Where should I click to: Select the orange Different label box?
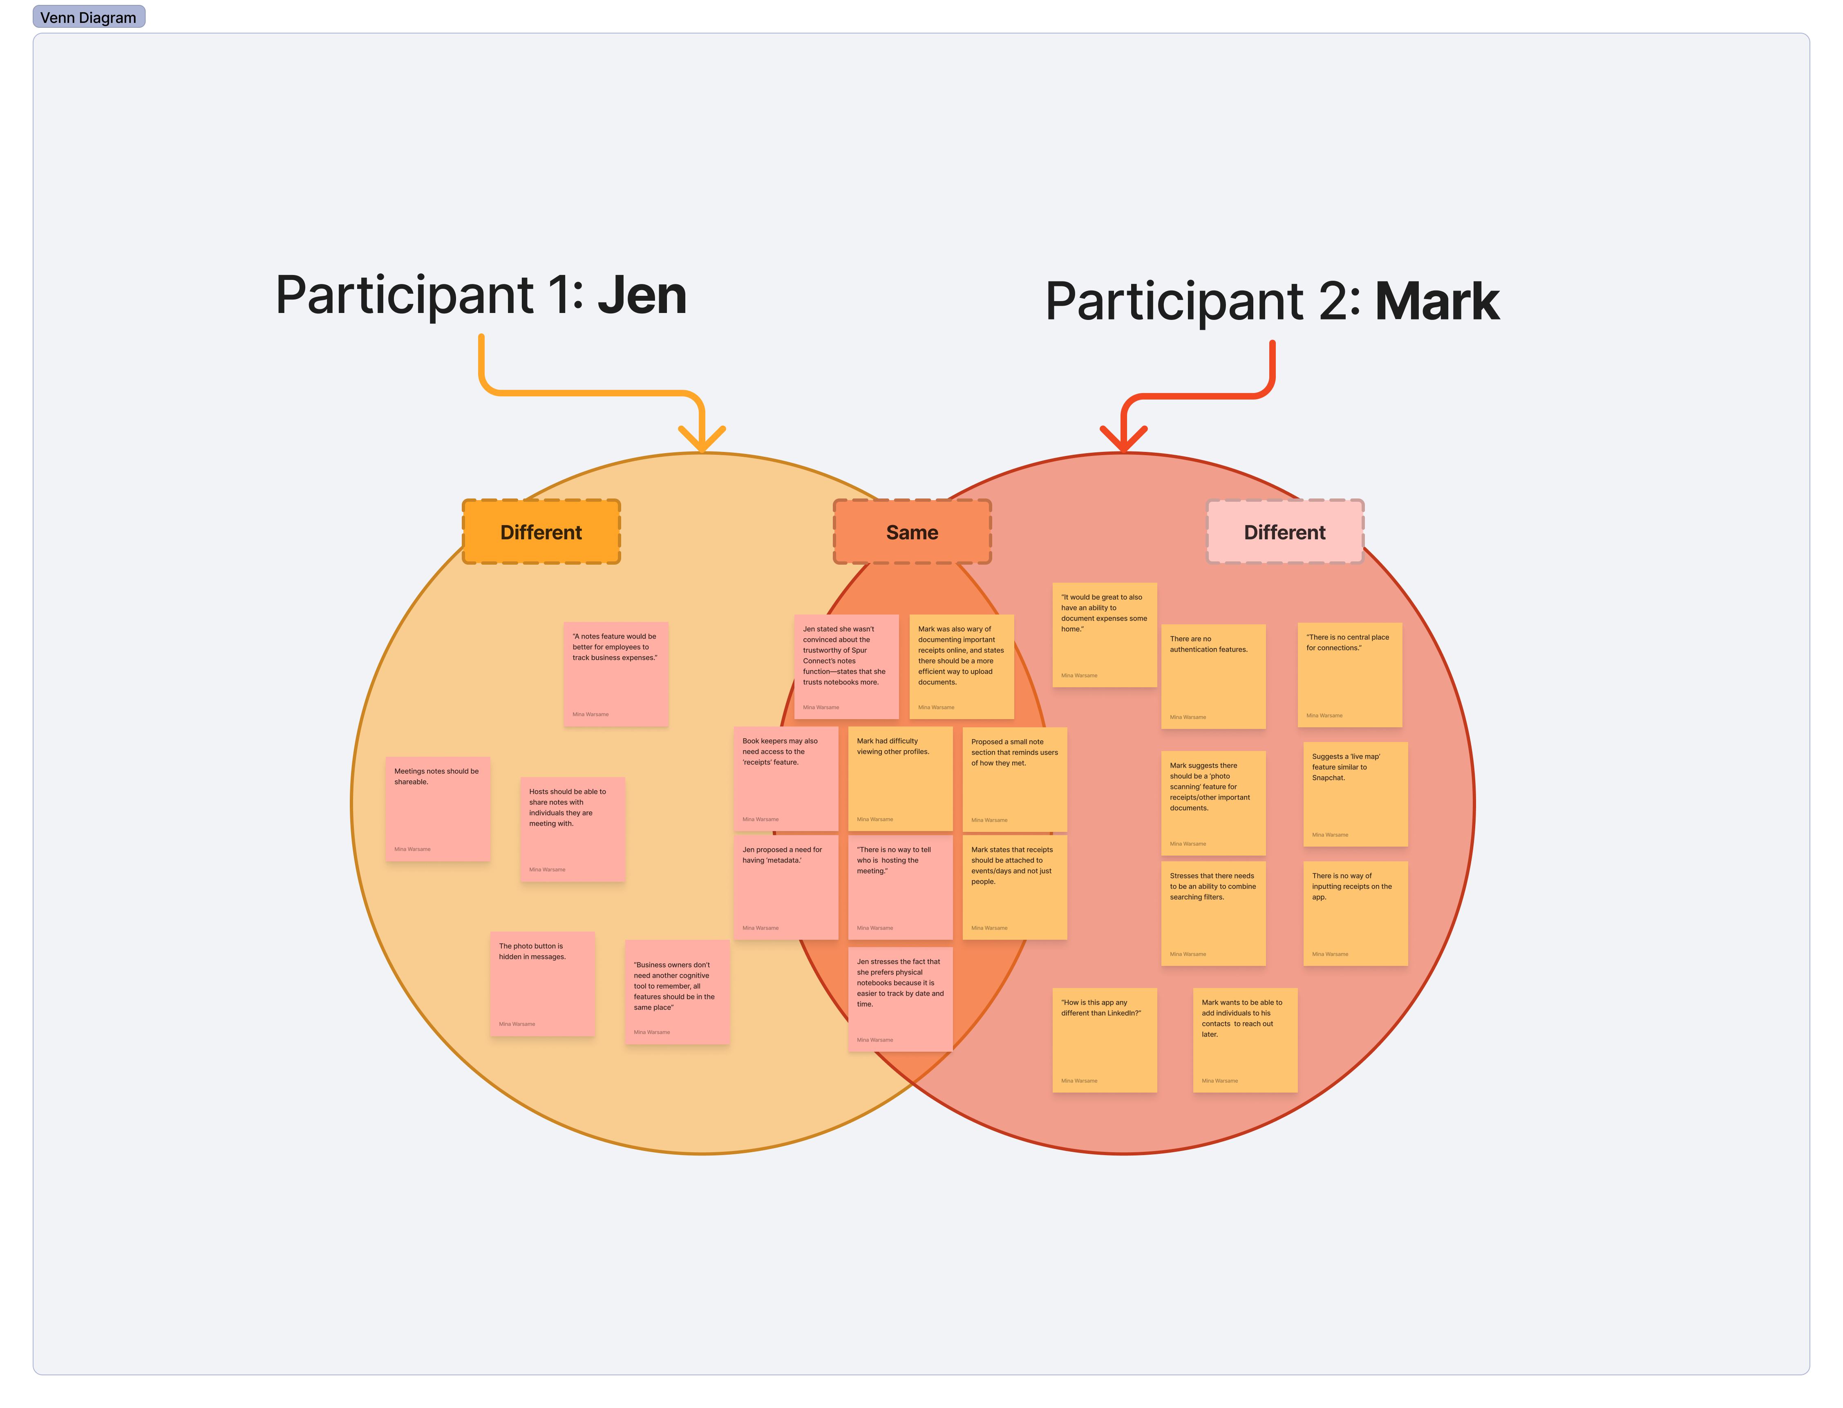pyautogui.click(x=541, y=532)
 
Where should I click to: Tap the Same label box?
pyautogui.click(x=912, y=532)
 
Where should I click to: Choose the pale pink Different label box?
pyautogui.click(x=1285, y=532)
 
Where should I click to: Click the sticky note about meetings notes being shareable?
pyautogui.click(x=438, y=809)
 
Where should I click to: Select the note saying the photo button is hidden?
pyautogui.click(x=542, y=984)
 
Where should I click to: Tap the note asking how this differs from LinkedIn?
pyautogui.click(x=1105, y=1040)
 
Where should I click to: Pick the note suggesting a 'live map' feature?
pyautogui.click(x=1355, y=795)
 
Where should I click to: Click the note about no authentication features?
pyautogui.click(x=1214, y=676)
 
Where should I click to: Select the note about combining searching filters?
pyautogui.click(x=1214, y=914)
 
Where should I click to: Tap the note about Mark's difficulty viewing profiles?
pyautogui.click(x=900, y=779)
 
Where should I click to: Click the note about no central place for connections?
pyautogui.click(x=1349, y=675)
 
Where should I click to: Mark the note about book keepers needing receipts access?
pyautogui.click(x=785, y=779)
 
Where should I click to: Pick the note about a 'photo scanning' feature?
pyautogui.click(x=1214, y=803)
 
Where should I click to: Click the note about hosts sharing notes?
pyautogui.click(x=573, y=829)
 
